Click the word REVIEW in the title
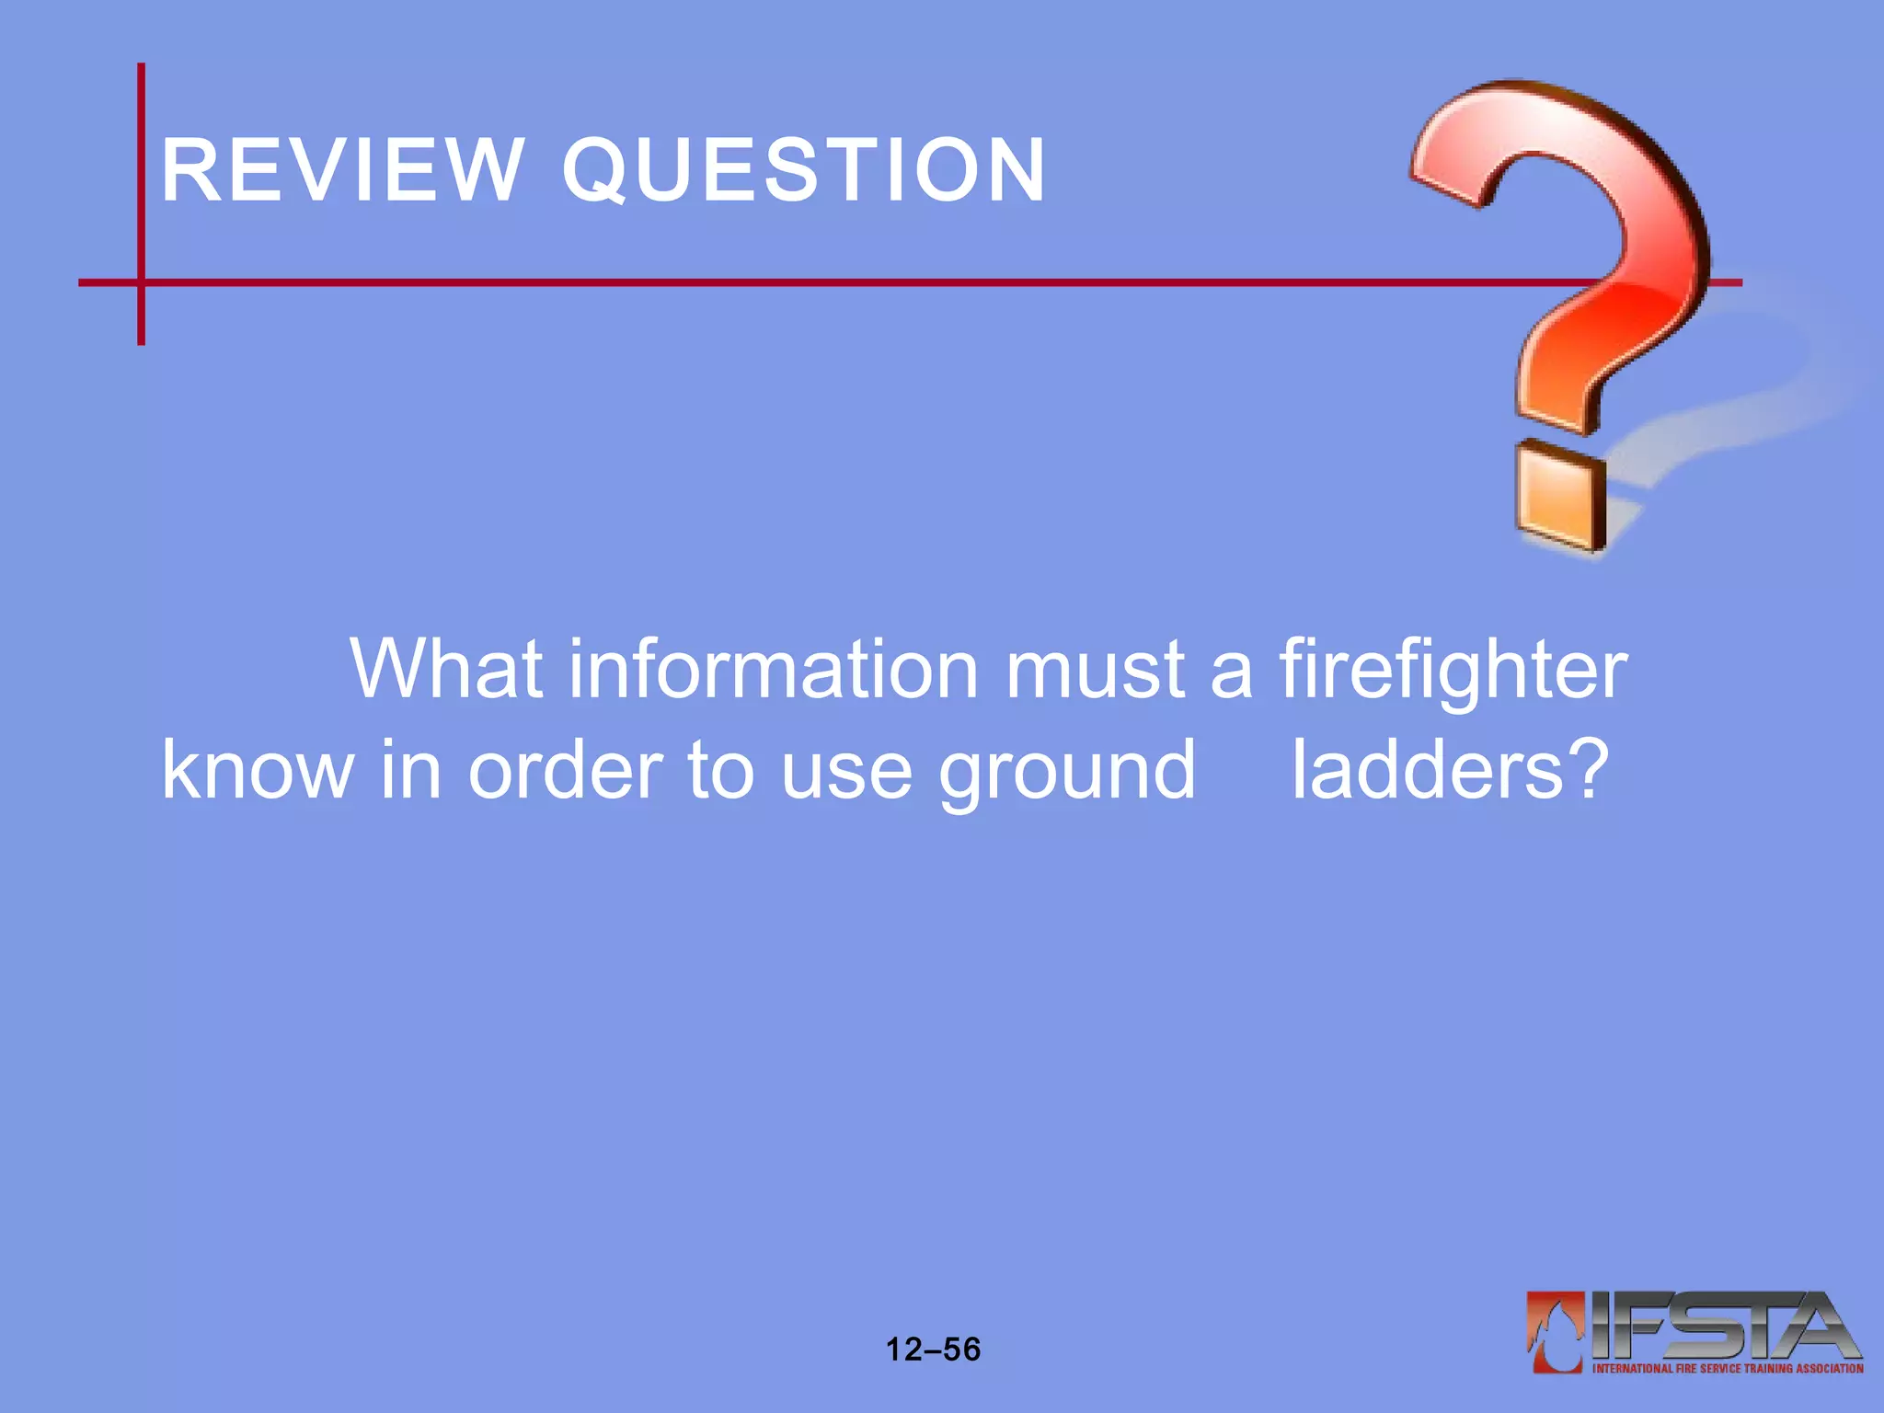[x=342, y=170]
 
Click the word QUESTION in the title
[x=804, y=170]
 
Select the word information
[x=773, y=670]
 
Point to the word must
[x=1095, y=670]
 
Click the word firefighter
[x=1453, y=670]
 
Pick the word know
[x=258, y=770]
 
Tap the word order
[x=565, y=770]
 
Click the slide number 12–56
[x=933, y=1350]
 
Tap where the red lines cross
[x=141, y=282]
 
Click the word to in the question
[x=720, y=770]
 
